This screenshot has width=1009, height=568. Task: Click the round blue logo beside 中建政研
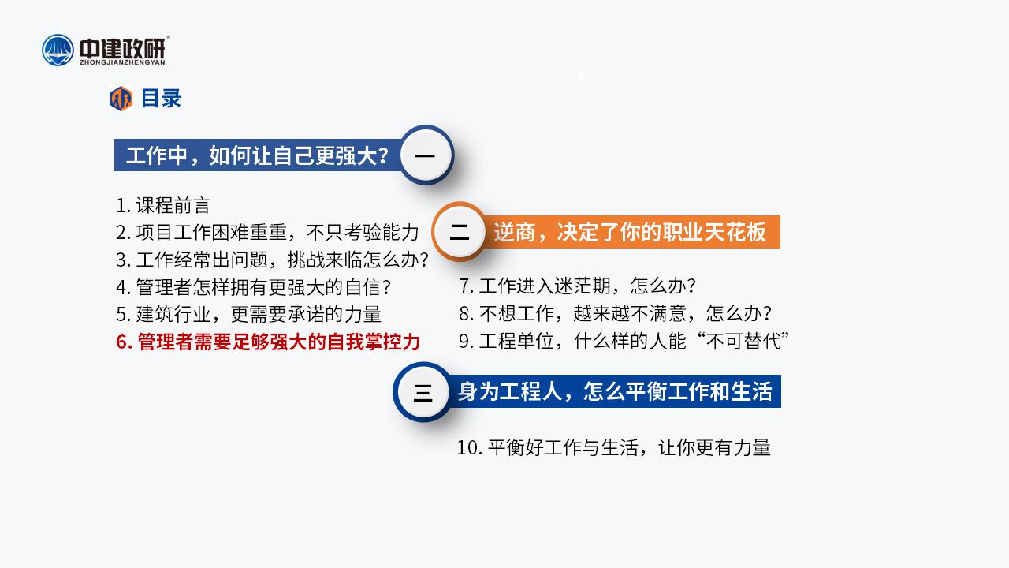58,50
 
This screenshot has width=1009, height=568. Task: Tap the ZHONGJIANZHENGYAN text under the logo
122,62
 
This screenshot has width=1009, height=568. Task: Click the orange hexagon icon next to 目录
121,99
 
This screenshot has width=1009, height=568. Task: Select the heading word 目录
161,99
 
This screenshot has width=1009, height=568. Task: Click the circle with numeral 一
425,155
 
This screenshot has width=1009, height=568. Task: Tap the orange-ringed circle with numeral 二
460,232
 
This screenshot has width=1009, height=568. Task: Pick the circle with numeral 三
423,392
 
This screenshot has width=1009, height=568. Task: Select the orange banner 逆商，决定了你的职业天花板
631,232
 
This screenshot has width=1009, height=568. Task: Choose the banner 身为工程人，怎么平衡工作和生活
614,391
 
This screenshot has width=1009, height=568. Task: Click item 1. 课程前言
163,206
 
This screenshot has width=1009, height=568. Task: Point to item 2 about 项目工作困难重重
267,233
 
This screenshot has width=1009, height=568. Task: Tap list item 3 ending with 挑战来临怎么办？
273,260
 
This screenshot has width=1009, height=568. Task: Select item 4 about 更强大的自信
253,288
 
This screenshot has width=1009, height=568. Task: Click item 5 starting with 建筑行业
248,314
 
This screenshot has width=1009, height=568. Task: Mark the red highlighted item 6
268,342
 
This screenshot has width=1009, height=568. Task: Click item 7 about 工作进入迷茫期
578,286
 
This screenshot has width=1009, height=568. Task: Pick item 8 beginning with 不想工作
616,313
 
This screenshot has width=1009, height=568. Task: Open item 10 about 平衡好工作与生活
613,448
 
